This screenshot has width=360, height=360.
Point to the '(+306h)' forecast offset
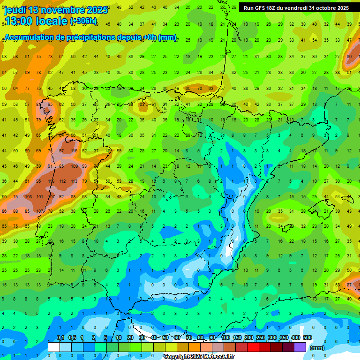(83, 21)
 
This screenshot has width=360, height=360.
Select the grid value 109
(74, 166)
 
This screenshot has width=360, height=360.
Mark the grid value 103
(28, 197)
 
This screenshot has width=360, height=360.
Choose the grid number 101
(39, 197)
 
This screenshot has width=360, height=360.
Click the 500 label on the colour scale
(307, 338)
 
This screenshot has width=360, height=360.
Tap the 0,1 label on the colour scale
(60, 338)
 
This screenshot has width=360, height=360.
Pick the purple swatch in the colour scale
(300, 347)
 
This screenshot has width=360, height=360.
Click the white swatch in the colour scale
(54, 347)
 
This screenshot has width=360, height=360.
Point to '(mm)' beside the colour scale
(317, 348)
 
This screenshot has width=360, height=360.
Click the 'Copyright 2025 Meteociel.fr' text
(199, 357)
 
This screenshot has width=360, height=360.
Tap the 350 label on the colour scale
(284, 338)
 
